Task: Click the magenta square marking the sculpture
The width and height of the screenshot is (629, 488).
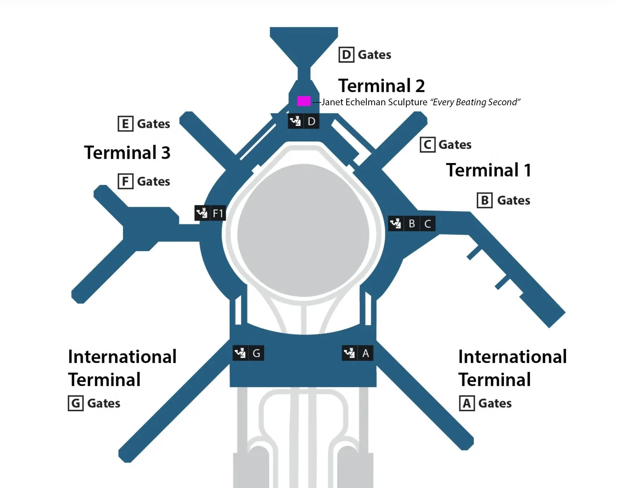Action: coord(304,101)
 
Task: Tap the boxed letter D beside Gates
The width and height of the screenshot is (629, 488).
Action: coord(346,55)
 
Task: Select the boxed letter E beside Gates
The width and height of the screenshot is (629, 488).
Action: coord(125,124)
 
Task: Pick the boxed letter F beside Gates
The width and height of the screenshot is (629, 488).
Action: coord(125,181)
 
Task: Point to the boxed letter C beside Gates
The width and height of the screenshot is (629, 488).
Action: coord(428,145)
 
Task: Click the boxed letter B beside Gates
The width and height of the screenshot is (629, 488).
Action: coord(485,200)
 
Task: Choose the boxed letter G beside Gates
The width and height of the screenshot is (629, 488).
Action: coord(76,403)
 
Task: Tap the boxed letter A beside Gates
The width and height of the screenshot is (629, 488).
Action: coord(467,403)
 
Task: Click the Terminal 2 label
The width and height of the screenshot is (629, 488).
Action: coord(381,86)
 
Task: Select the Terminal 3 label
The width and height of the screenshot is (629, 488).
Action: coord(127,152)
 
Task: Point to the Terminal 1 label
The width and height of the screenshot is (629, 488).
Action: coord(488,170)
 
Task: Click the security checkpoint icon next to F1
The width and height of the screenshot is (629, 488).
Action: coord(202,213)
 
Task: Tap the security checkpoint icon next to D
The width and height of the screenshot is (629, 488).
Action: coord(295,121)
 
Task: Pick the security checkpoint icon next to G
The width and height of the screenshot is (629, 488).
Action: coord(241,353)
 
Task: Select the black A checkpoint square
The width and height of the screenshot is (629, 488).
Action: coord(366,353)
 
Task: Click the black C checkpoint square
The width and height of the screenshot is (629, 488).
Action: coord(428,224)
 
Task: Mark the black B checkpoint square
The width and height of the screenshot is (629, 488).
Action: coord(412,224)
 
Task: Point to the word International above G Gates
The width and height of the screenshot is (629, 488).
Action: coord(122,357)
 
